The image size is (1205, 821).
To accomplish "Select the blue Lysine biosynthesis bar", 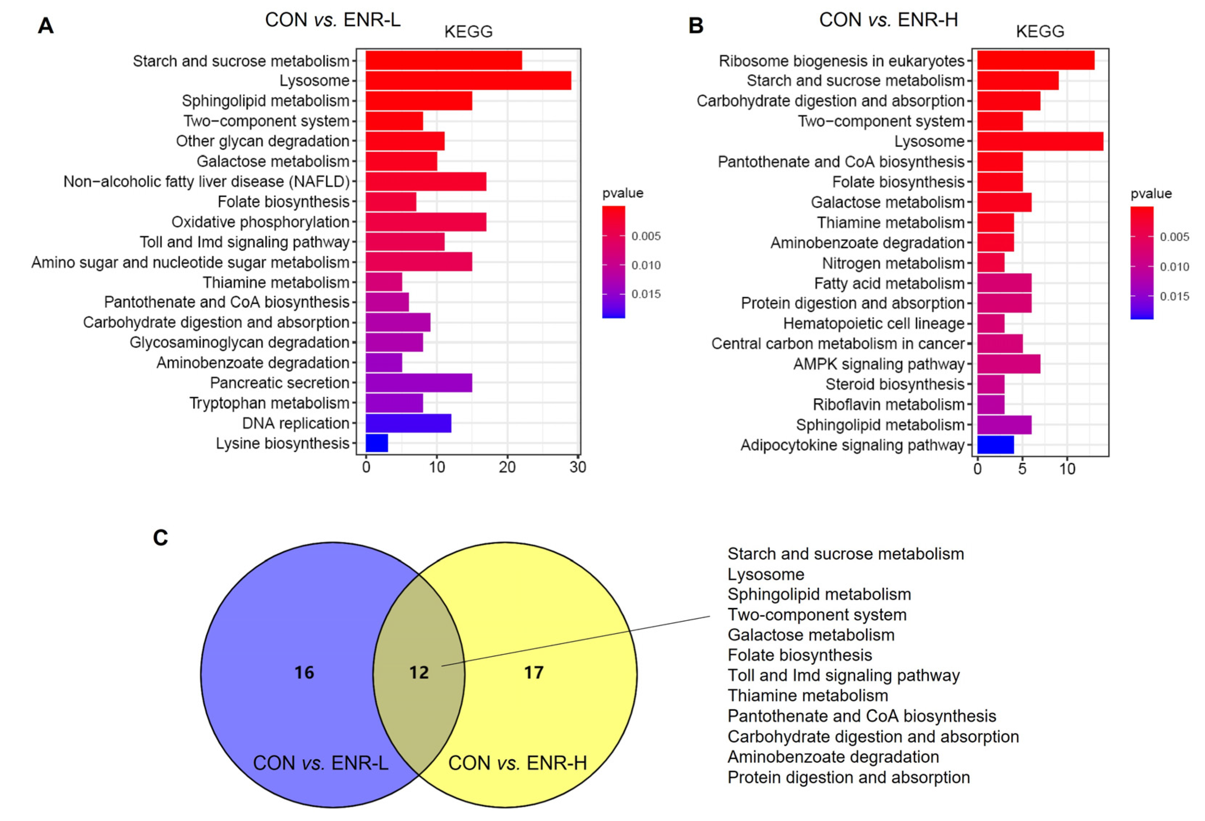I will click(376, 443).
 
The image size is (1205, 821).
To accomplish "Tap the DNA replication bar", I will click(408, 423).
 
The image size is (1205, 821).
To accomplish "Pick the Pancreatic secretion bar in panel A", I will click(418, 383).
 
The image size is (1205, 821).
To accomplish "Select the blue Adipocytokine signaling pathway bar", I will click(995, 445).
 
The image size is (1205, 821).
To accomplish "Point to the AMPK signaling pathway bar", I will click(1008, 364).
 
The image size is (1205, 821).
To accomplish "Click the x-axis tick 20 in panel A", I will click(507, 467).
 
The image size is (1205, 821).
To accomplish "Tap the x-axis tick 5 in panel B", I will click(1022, 469).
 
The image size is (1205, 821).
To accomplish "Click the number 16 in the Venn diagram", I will click(304, 673).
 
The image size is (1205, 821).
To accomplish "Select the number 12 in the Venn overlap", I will click(419, 673).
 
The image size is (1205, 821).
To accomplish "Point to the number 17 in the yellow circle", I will click(534, 673).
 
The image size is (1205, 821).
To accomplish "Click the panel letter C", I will click(161, 538).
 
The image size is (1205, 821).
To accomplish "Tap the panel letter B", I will click(696, 25).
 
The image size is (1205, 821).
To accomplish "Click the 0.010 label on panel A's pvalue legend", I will click(646, 265).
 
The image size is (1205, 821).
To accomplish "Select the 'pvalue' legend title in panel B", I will click(1151, 194).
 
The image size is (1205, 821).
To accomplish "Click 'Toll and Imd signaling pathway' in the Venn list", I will click(843, 675).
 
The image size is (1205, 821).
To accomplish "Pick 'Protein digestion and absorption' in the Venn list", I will click(848, 778).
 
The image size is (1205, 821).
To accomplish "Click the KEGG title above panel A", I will click(468, 31).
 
